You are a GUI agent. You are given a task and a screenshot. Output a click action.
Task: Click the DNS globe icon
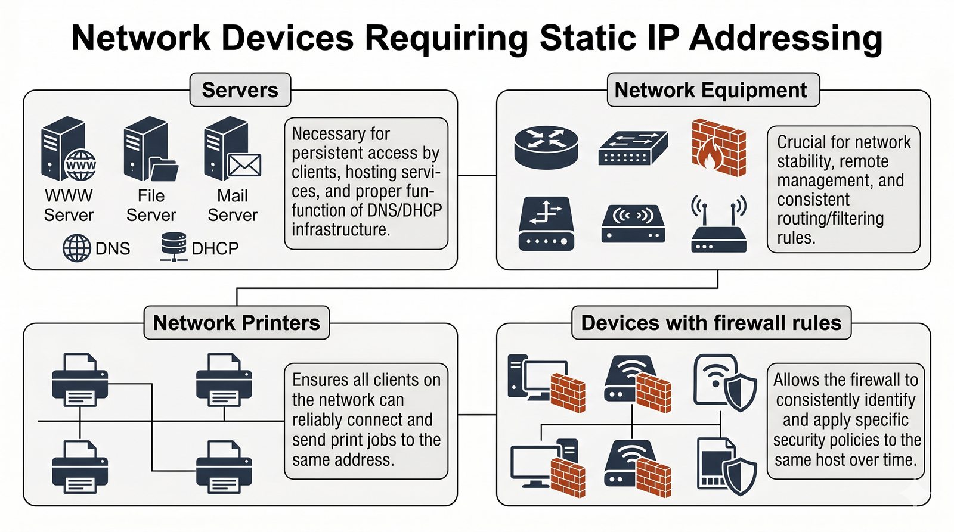click(x=77, y=248)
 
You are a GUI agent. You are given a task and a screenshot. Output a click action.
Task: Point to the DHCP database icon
click(x=174, y=247)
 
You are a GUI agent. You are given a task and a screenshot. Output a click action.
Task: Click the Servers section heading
click(x=240, y=90)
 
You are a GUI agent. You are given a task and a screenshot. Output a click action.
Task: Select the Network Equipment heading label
click(x=711, y=90)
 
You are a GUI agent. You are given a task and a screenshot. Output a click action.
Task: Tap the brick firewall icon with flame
click(x=718, y=147)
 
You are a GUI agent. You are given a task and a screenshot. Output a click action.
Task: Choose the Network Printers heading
click(x=236, y=322)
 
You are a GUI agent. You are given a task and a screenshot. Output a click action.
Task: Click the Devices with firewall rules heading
click(x=711, y=322)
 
